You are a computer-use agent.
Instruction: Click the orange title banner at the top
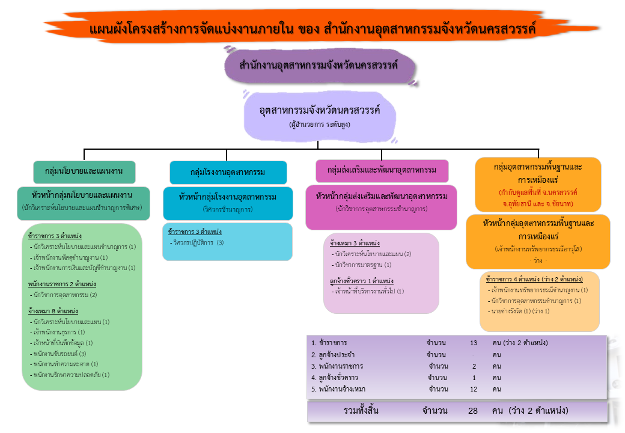[312, 28]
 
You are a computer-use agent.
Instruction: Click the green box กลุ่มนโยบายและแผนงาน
[84, 171]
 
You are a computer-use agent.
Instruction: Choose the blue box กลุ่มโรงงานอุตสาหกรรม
[228, 172]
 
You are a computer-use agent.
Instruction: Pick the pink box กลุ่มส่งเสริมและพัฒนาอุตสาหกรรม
[382, 170]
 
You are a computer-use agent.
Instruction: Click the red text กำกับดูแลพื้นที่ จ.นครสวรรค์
[538, 192]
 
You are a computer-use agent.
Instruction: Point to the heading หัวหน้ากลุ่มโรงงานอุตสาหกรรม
[228, 197]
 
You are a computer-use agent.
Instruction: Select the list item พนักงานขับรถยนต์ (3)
[60, 354]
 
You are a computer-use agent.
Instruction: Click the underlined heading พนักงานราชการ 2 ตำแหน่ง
[62, 284]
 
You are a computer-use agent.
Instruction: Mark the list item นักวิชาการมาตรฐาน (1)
[364, 265]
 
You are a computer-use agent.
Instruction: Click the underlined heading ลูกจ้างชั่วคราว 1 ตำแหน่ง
[361, 281]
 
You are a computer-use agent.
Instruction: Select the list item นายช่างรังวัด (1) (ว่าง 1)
[520, 312]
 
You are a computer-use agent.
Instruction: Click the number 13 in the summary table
[474, 343]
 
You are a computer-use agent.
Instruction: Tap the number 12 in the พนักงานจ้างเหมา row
[474, 389]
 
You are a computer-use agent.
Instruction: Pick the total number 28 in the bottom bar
[474, 411]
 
